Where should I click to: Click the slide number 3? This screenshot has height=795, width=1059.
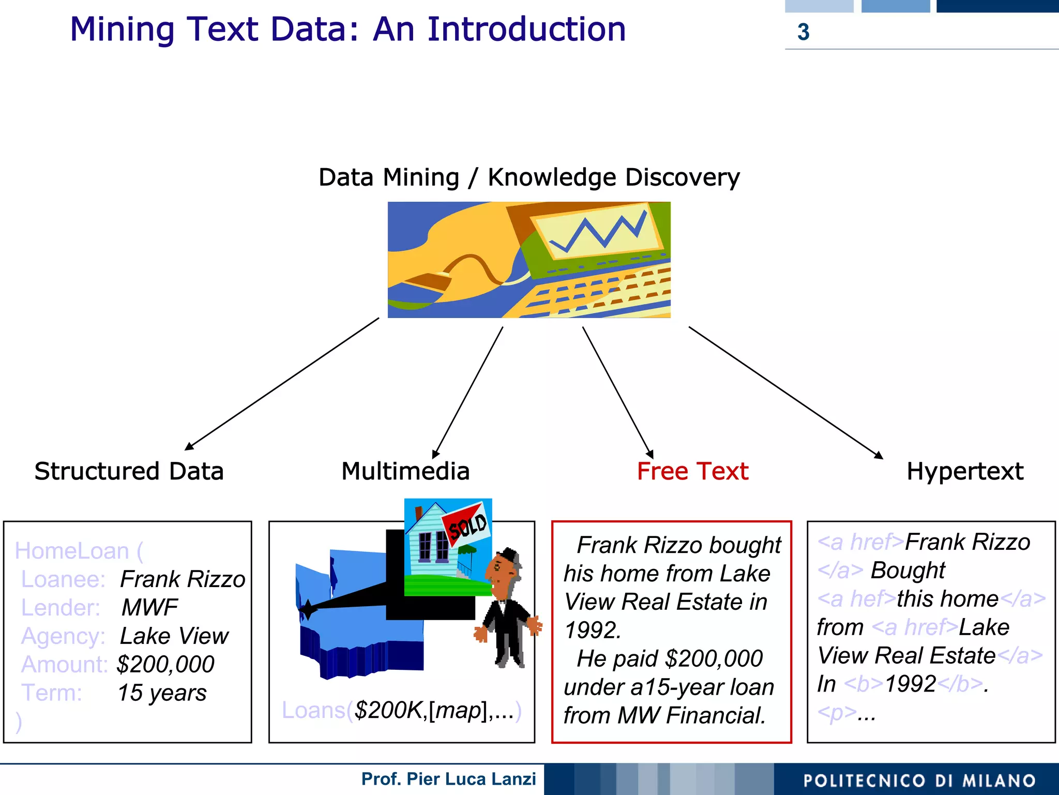(803, 32)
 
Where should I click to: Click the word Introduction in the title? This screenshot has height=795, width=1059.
(526, 29)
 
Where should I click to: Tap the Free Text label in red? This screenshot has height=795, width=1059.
(692, 471)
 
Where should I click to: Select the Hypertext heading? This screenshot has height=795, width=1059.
(965, 471)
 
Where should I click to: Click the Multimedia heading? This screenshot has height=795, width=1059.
(405, 471)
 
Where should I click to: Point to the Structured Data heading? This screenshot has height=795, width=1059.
(129, 471)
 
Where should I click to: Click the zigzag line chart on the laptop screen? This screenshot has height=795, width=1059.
(597, 233)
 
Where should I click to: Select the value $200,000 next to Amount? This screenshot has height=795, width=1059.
(165, 664)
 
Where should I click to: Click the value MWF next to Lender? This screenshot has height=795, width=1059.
(149, 607)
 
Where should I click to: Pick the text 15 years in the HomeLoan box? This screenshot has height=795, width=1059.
(162, 693)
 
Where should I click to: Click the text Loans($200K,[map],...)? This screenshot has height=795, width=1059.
(401, 710)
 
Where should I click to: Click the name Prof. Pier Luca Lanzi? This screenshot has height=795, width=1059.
(448, 779)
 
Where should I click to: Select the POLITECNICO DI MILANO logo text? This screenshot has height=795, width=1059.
(919, 781)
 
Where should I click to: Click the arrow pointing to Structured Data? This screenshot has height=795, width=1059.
(282, 384)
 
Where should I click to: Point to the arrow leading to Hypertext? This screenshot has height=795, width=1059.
(786, 393)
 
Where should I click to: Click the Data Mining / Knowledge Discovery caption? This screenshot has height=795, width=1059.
(528, 177)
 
